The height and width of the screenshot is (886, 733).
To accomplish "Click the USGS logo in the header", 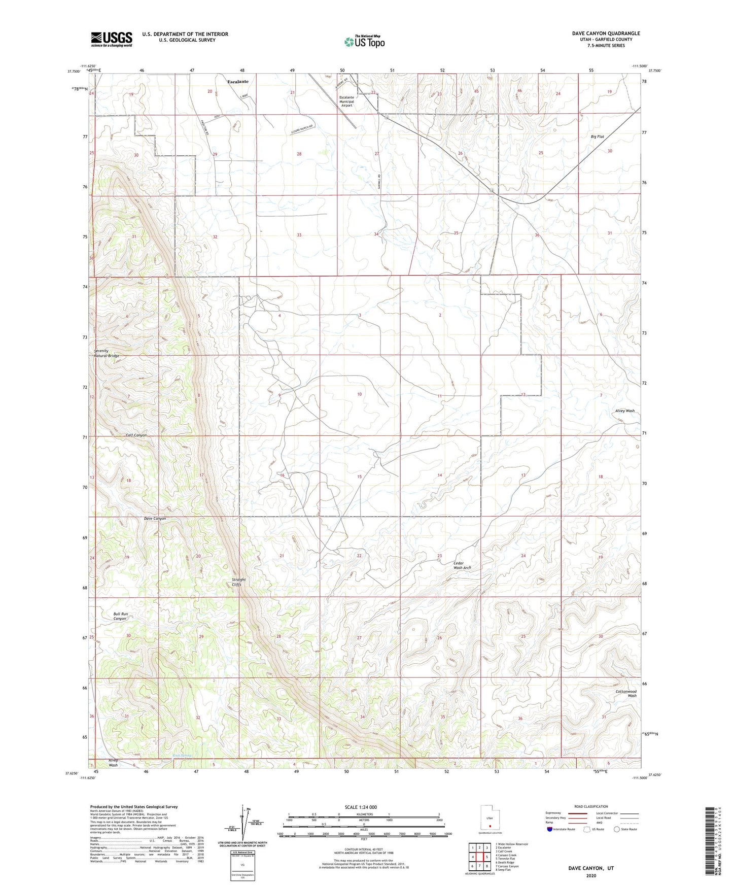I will click(111, 39).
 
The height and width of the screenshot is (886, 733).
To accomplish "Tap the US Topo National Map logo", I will click(364, 42).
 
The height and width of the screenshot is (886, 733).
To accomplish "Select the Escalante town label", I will click(237, 81).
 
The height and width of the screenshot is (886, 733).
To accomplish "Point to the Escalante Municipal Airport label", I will click(346, 101).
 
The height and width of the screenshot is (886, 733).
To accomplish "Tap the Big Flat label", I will click(597, 137).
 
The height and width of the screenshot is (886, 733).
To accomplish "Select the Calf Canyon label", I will click(136, 435).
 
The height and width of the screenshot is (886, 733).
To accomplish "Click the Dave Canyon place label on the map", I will click(155, 519).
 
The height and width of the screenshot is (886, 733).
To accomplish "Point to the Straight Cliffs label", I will click(238, 582).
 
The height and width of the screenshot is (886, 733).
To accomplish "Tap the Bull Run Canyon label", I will click(120, 616).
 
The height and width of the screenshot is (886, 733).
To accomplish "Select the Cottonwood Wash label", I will click(625, 694).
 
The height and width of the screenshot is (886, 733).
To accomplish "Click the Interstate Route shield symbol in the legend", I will click(550, 830).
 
